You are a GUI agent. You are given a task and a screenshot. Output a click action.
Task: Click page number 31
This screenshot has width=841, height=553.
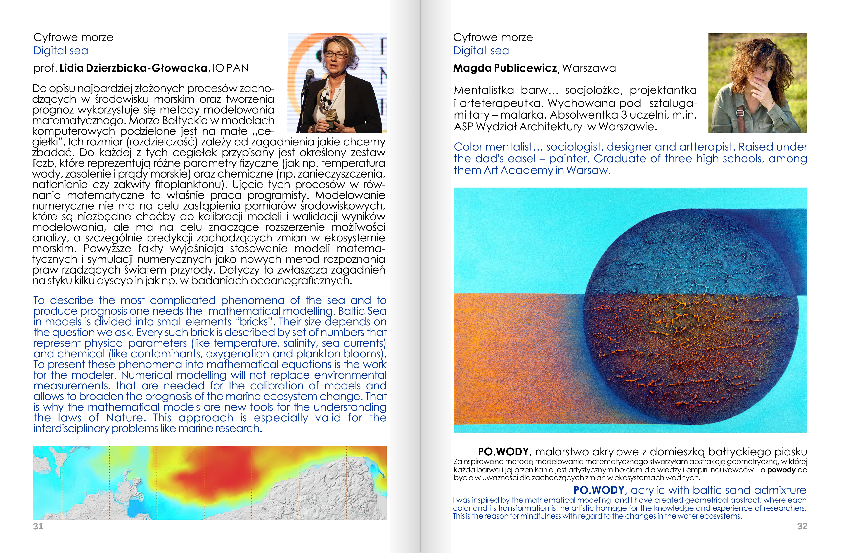point(38,526)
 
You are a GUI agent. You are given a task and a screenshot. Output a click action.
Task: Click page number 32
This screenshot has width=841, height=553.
point(802,526)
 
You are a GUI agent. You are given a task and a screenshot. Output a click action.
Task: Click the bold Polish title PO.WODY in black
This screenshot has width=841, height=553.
point(503,452)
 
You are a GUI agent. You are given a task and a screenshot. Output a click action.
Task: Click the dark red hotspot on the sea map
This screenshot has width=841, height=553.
point(226,473)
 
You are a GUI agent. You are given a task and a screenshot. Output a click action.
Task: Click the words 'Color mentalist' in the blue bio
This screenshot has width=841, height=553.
point(493,147)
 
